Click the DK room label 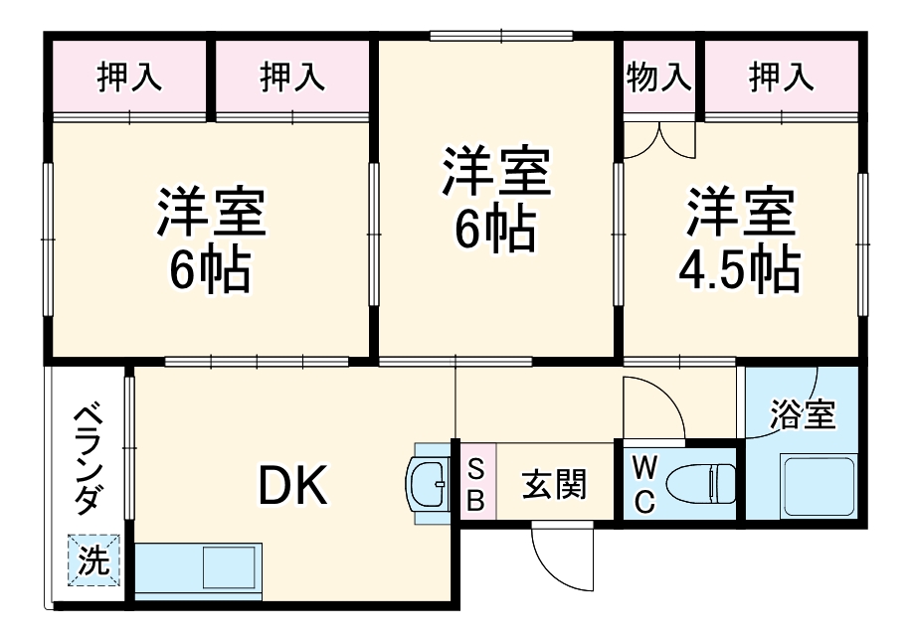[292, 485]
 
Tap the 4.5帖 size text [739, 270]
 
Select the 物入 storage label [659, 77]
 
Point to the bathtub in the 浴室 [818, 484]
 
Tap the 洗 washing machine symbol [93, 560]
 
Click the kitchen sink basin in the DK [229, 566]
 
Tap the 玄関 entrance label [554, 484]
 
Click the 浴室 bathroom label [803, 413]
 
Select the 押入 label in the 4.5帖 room [781, 77]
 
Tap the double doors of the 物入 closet [659, 139]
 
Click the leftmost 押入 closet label [129, 77]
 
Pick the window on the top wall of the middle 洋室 [501, 36]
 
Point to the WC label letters [643, 484]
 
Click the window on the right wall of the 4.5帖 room [863, 244]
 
